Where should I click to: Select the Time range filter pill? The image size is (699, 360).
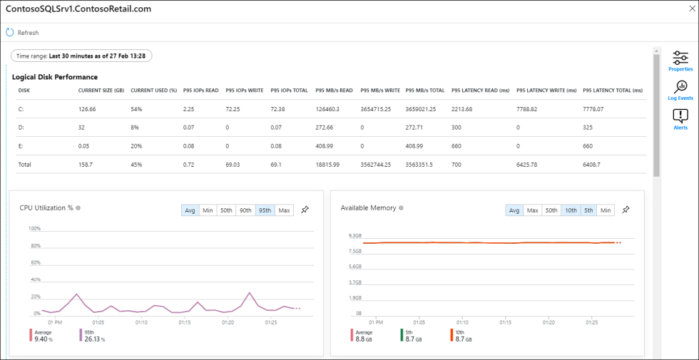81,56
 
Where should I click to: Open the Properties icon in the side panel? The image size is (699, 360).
680,61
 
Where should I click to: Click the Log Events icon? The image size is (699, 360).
680,89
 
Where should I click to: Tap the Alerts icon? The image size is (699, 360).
680,119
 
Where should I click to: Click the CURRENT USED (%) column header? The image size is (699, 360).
153,91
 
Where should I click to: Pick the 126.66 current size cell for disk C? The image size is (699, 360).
87,109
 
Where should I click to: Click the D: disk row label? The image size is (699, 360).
21,128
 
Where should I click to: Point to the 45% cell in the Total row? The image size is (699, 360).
136,165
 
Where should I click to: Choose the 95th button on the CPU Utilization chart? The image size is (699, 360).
265,210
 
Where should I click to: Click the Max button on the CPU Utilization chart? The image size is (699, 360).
284,210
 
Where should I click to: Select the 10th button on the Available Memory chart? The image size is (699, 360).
570,210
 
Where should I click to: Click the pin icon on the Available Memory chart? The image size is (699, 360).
626,210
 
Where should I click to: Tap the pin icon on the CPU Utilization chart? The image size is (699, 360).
305,210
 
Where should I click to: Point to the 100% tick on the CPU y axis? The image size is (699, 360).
34,229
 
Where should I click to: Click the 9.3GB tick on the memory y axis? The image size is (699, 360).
355,235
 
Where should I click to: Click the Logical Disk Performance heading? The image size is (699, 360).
55,77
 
